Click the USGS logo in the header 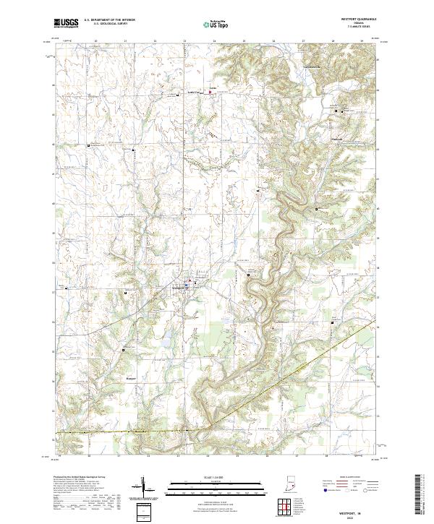(x=67, y=23)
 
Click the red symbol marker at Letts (x=211, y=91)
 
